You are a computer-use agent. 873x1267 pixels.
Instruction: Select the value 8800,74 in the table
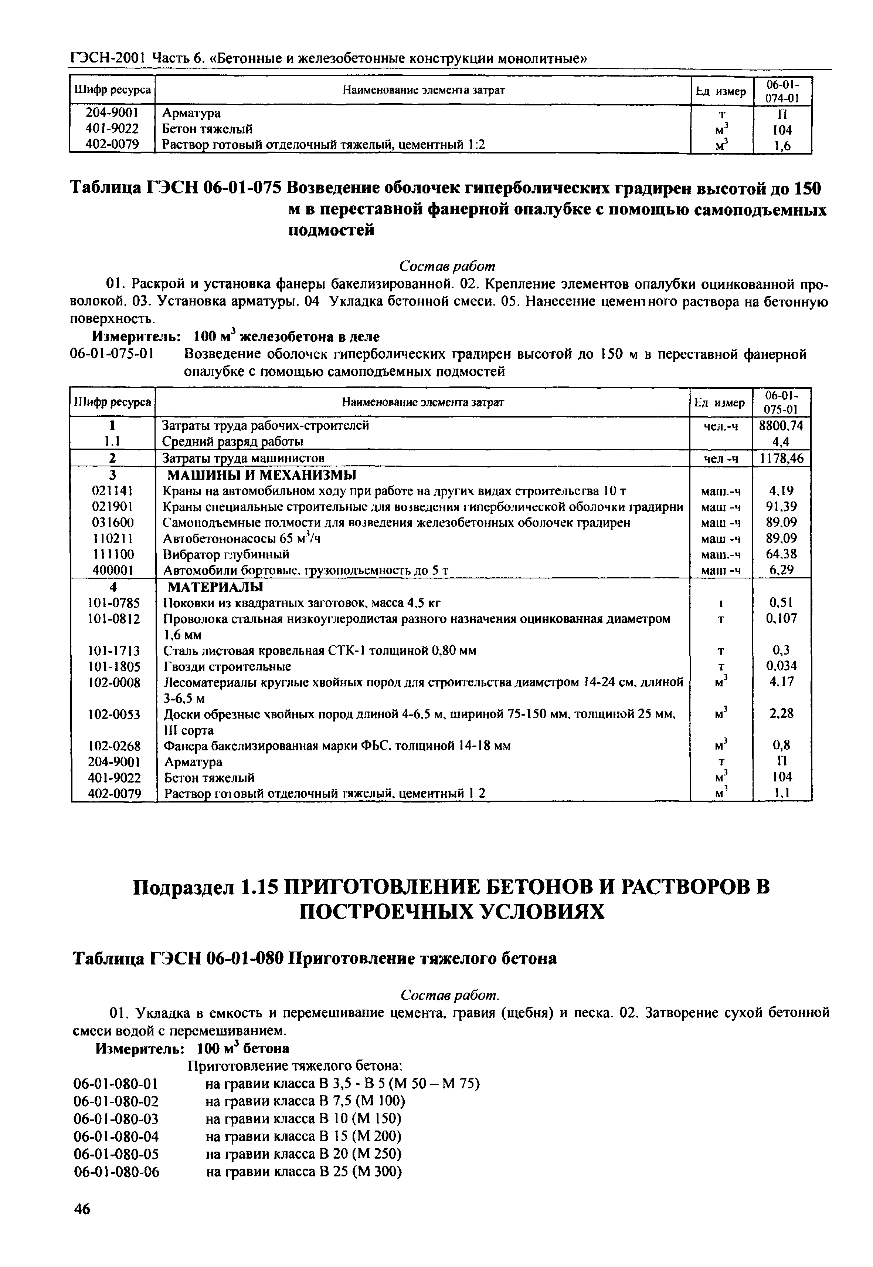(x=781, y=425)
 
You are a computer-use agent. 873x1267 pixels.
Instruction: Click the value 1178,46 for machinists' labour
(x=781, y=458)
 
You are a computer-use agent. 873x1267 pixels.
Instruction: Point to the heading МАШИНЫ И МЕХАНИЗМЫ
(x=261, y=474)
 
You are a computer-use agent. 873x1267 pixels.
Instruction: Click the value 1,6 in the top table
(x=783, y=146)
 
